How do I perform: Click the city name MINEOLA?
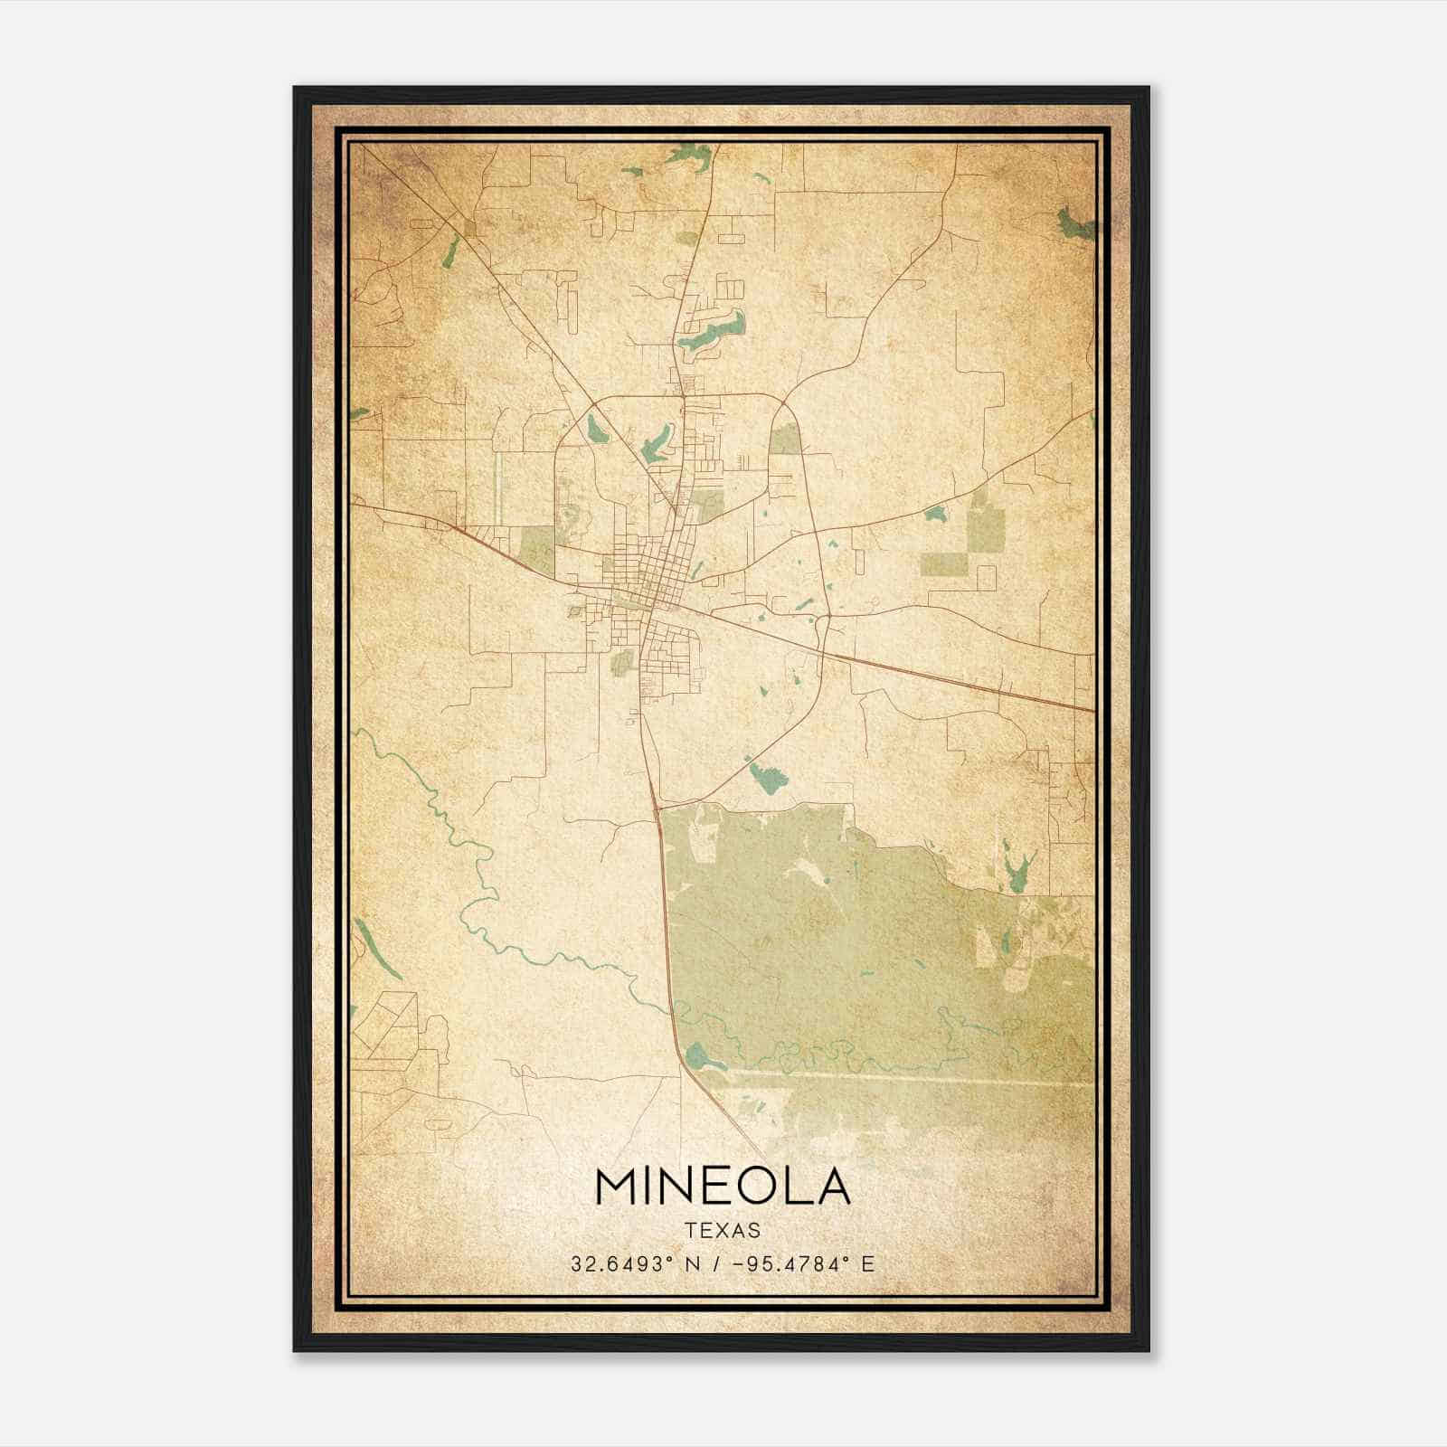click(x=723, y=1187)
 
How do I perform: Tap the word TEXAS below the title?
click(x=723, y=1231)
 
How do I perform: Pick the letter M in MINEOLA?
click(x=616, y=1187)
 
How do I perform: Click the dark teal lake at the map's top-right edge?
click(x=1075, y=223)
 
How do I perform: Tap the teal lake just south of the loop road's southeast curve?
click(x=765, y=777)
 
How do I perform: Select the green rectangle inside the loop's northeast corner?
click(x=784, y=440)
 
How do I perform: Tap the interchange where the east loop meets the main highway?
click(x=823, y=622)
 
